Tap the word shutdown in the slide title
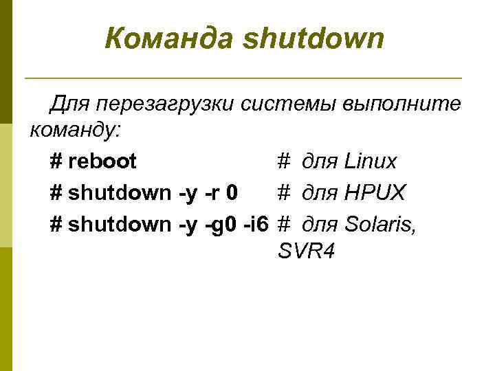312,39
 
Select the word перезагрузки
168,104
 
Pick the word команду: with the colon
72,131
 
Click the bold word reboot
102,161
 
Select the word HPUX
375,192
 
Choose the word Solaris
379,223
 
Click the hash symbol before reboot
56,161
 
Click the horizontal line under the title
243,77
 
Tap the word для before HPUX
320,193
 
